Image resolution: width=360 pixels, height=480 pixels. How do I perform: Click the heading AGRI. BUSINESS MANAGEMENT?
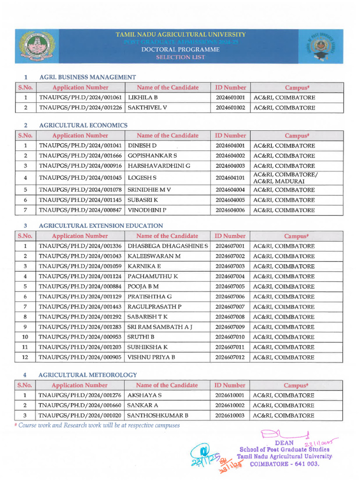pos(88,77)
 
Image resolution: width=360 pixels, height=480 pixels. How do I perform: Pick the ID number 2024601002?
pos(230,108)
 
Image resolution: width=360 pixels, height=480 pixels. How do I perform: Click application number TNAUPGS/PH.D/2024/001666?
pos(81,156)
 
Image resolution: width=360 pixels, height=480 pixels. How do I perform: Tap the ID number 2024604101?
pos(230,178)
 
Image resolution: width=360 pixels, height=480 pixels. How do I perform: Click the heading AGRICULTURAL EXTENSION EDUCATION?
pos(101,225)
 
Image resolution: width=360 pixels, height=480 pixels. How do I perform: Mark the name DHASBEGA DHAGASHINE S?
pos(168,246)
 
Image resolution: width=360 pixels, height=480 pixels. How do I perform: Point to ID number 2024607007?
pos(230,307)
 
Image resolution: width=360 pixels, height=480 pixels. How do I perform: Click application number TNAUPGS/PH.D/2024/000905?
pos(81,357)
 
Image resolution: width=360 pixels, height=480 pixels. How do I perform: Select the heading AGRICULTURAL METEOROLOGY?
pos(88,375)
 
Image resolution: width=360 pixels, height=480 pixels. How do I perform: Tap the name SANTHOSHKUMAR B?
pos(158,415)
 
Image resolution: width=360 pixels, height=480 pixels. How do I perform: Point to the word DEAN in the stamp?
pos(285,442)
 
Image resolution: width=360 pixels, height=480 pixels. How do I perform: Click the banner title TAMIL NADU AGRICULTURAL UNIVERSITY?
pos(180,35)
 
